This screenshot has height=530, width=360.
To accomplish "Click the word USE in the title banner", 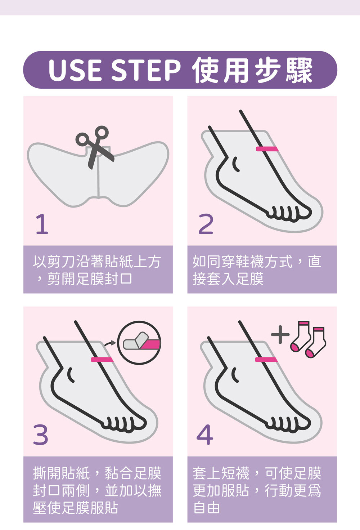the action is (75, 70).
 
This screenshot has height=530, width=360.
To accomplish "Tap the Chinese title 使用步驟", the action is (253, 70).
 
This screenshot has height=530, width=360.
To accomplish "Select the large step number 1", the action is (42, 224).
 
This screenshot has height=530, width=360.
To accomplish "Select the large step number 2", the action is (206, 224).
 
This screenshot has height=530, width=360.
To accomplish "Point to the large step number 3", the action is (41, 435).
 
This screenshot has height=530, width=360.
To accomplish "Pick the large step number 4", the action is (205, 435).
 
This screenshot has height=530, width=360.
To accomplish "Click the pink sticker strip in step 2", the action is (267, 149).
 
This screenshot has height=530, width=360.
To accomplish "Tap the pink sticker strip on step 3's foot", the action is (102, 360).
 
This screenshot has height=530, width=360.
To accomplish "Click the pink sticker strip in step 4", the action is (266, 360).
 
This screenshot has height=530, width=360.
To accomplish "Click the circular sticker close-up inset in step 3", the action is (139, 343).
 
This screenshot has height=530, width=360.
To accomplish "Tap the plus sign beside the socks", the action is (280, 335).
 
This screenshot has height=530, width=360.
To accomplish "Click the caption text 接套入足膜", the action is (228, 279).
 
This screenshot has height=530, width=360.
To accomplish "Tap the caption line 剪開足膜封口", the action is (90, 279).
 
